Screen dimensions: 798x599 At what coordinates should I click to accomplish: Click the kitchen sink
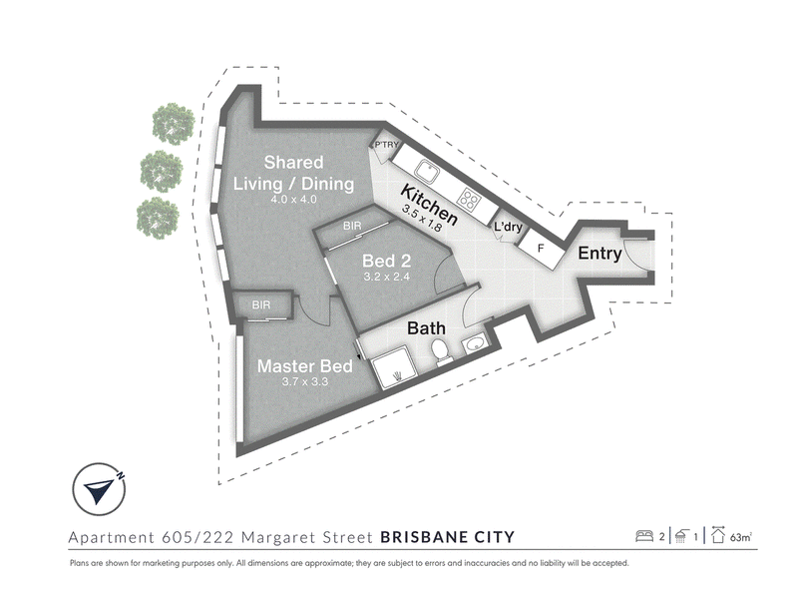pyautogui.click(x=426, y=171)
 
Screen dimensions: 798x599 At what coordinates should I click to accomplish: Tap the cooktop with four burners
pyautogui.click(x=469, y=199)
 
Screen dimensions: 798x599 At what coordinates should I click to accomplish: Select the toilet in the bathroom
pyautogui.click(x=440, y=352)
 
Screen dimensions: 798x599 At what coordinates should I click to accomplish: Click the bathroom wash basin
pyautogui.click(x=476, y=344)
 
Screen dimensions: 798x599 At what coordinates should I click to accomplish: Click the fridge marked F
pyautogui.click(x=542, y=249)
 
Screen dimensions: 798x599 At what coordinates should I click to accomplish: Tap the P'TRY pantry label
pyautogui.click(x=386, y=145)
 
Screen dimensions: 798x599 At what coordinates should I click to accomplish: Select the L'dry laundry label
pyautogui.click(x=508, y=227)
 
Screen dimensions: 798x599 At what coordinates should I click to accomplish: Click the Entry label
pyautogui.click(x=599, y=254)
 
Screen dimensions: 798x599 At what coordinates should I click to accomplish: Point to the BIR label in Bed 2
pyautogui.click(x=352, y=226)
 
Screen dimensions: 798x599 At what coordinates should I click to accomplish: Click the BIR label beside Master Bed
pyautogui.click(x=261, y=305)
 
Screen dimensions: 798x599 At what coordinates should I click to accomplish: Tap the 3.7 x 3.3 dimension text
pyautogui.click(x=305, y=381)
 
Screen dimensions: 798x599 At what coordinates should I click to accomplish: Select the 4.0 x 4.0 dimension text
pyautogui.click(x=293, y=199)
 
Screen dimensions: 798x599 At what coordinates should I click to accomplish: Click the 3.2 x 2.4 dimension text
pyautogui.click(x=386, y=277)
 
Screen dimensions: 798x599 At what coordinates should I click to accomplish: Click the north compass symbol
pyautogui.click(x=99, y=489)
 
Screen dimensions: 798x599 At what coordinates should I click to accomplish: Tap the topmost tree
pyautogui.click(x=173, y=124)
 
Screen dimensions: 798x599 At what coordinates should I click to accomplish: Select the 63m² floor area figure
pyautogui.click(x=741, y=537)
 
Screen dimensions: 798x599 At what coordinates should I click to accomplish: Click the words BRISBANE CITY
pyautogui.click(x=447, y=537)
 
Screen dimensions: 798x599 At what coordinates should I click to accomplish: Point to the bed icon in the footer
pyautogui.click(x=644, y=536)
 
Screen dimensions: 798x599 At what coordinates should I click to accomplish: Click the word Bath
pyautogui.click(x=426, y=328)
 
